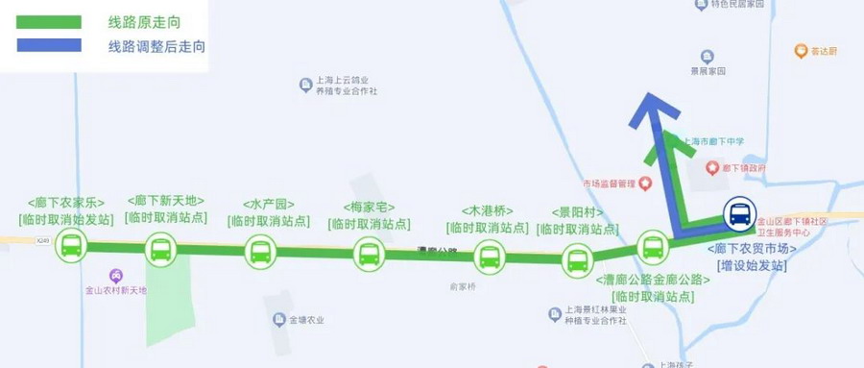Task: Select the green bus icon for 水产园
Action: pyautogui.click(x=260, y=252)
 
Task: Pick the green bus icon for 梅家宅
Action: pyautogui.click(x=369, y=254)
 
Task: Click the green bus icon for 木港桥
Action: pyautogui.click(x=490, y=257)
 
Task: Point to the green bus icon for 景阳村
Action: pyautogui.click(x=577, y=258)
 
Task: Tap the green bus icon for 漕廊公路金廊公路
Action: pyautogui.click(x=654, y=245)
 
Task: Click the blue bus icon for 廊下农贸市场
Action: pyautogui.click(x=739, y=213)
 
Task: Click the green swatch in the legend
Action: pyautogui.click(x=48, y=21)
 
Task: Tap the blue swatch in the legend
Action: pyautogui.click(x=48, y=45)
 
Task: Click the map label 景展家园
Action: pyautogui.click(x=707, y=72)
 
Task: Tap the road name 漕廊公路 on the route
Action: pyautogui.click(x=438, y=252)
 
